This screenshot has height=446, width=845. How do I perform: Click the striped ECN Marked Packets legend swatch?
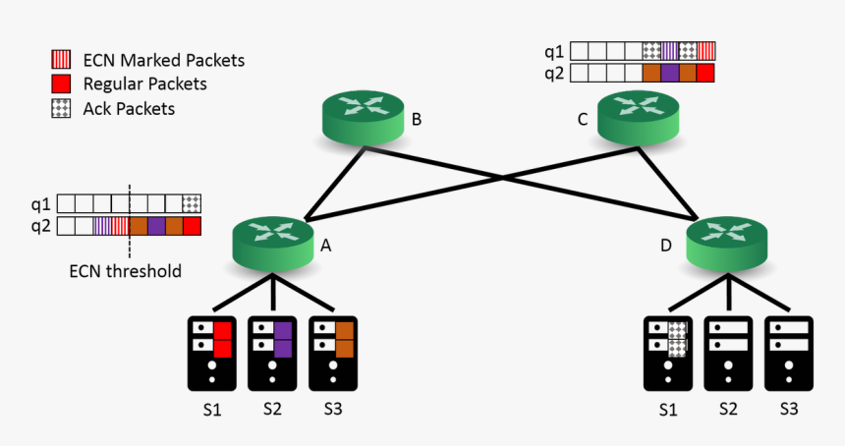click(61, 60)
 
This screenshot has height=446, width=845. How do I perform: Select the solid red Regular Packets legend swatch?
click(61, 84)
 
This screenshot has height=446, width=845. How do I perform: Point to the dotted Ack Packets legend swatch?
click(61, 108)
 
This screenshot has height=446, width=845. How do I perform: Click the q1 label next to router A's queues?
click(39, 204)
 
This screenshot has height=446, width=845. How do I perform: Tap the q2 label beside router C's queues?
click(554, 72)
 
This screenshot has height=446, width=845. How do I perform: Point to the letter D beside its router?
click(665, 246)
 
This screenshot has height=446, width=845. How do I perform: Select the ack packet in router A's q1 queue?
click(192, 204)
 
